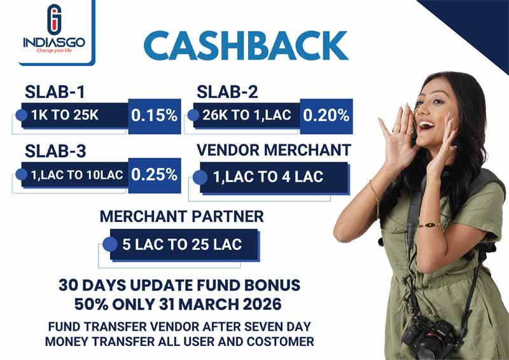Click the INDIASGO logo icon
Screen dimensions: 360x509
(55, 19)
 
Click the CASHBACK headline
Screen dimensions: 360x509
(246, 46)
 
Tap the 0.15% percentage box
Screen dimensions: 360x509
(154, 116)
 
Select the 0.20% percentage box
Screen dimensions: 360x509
(326, 116)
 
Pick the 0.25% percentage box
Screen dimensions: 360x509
(154, 174)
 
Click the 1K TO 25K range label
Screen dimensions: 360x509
(70, 116)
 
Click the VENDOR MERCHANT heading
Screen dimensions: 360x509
(274, 150)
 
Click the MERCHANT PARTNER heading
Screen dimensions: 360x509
(181, 217)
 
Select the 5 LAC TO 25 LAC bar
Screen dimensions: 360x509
(182, 244)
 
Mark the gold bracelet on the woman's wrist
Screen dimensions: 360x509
(429, 225)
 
